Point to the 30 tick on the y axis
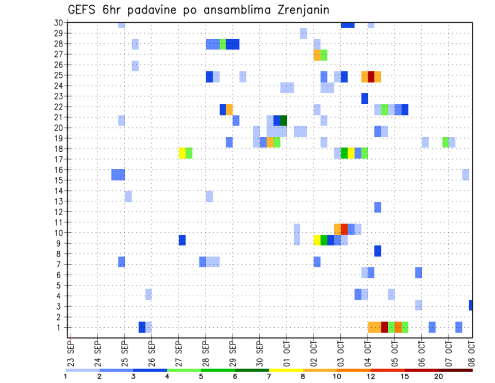[59, 23]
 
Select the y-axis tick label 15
[59, 180]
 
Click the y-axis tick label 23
[59, 96]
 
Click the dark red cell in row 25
[371, 77]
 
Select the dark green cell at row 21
[284, 120]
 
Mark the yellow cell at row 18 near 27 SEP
[182, 153]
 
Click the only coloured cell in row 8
[377, 251]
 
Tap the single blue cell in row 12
[377, 207]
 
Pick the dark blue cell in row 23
[365, 98]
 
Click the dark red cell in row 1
[384, 327]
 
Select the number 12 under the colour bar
[371, 376]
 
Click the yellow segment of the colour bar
[286, 370]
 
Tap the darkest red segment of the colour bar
[455, 370]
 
